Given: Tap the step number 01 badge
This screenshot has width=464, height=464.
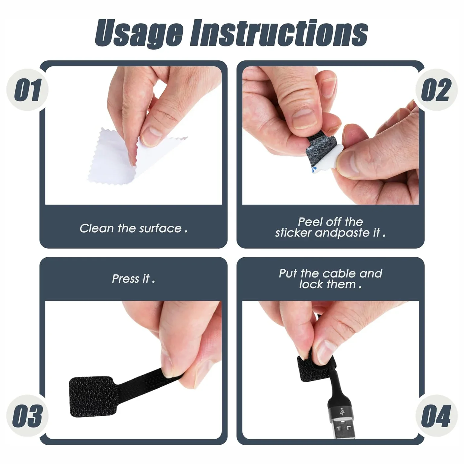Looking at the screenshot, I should [x=27, y=90].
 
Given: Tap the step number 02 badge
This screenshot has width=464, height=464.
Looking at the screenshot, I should [x=436, y=90].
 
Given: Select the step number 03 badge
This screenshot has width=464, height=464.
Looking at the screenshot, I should [x=27, y=416].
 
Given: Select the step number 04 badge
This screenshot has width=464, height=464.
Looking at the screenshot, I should [x=436, y=416].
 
